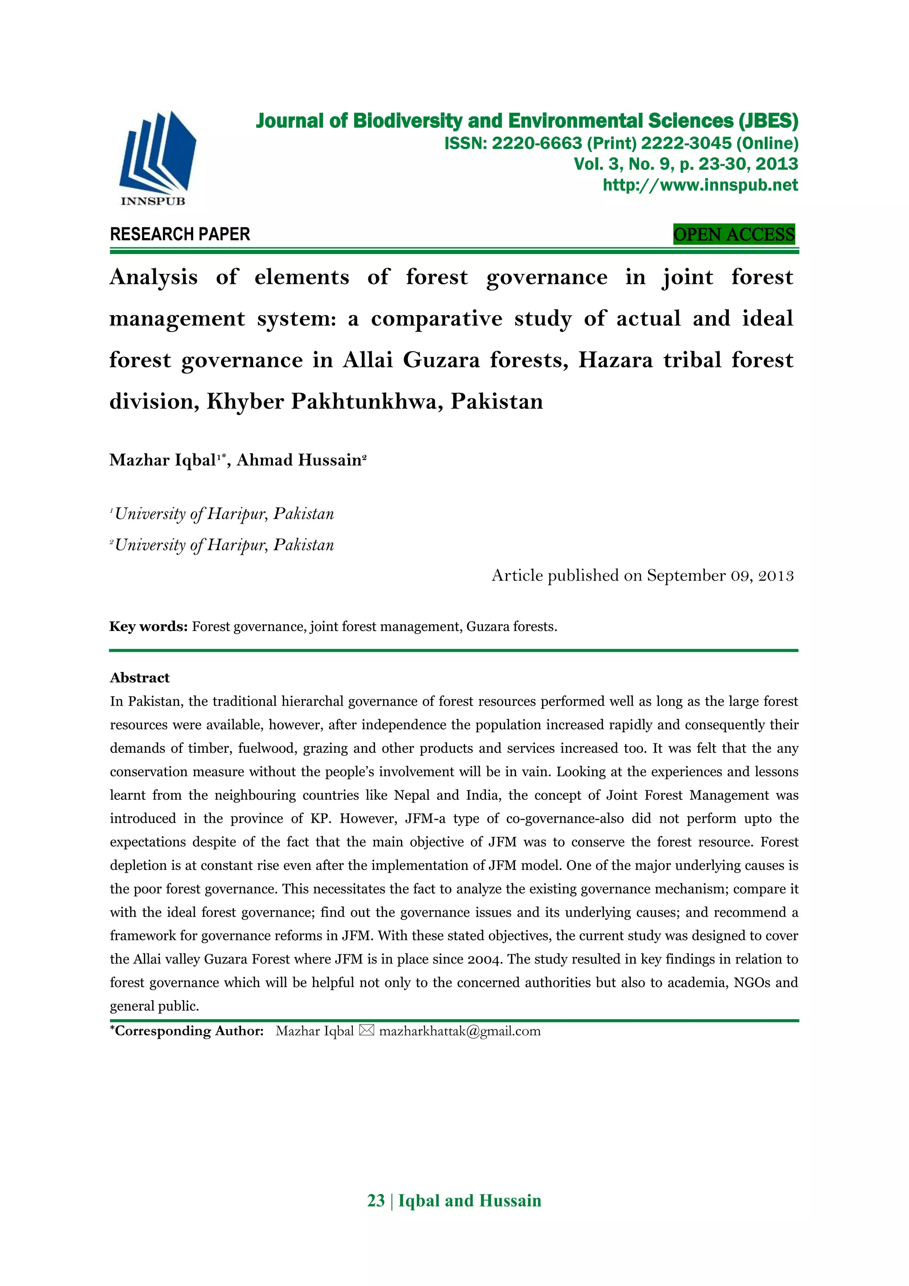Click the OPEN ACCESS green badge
point(733,234)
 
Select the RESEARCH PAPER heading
point(180,234)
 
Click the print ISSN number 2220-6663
point(537,143)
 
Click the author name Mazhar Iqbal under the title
point(163,460)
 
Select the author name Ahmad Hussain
point(299,460)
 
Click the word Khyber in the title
point(246,401)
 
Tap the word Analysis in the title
point(154,277)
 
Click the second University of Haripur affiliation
point(224,545)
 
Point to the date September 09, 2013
point(720,576)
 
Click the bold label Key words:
point(148,626)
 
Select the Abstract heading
point(139,678)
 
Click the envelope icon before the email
point(366,1031)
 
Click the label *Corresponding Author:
point(186,1031)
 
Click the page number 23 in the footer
point(375,1201)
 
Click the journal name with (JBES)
point(526,121)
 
